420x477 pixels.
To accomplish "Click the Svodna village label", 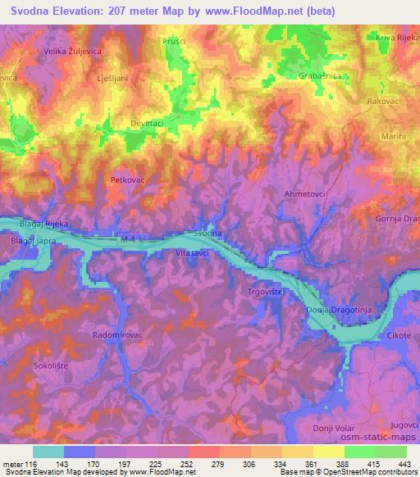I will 208,234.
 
